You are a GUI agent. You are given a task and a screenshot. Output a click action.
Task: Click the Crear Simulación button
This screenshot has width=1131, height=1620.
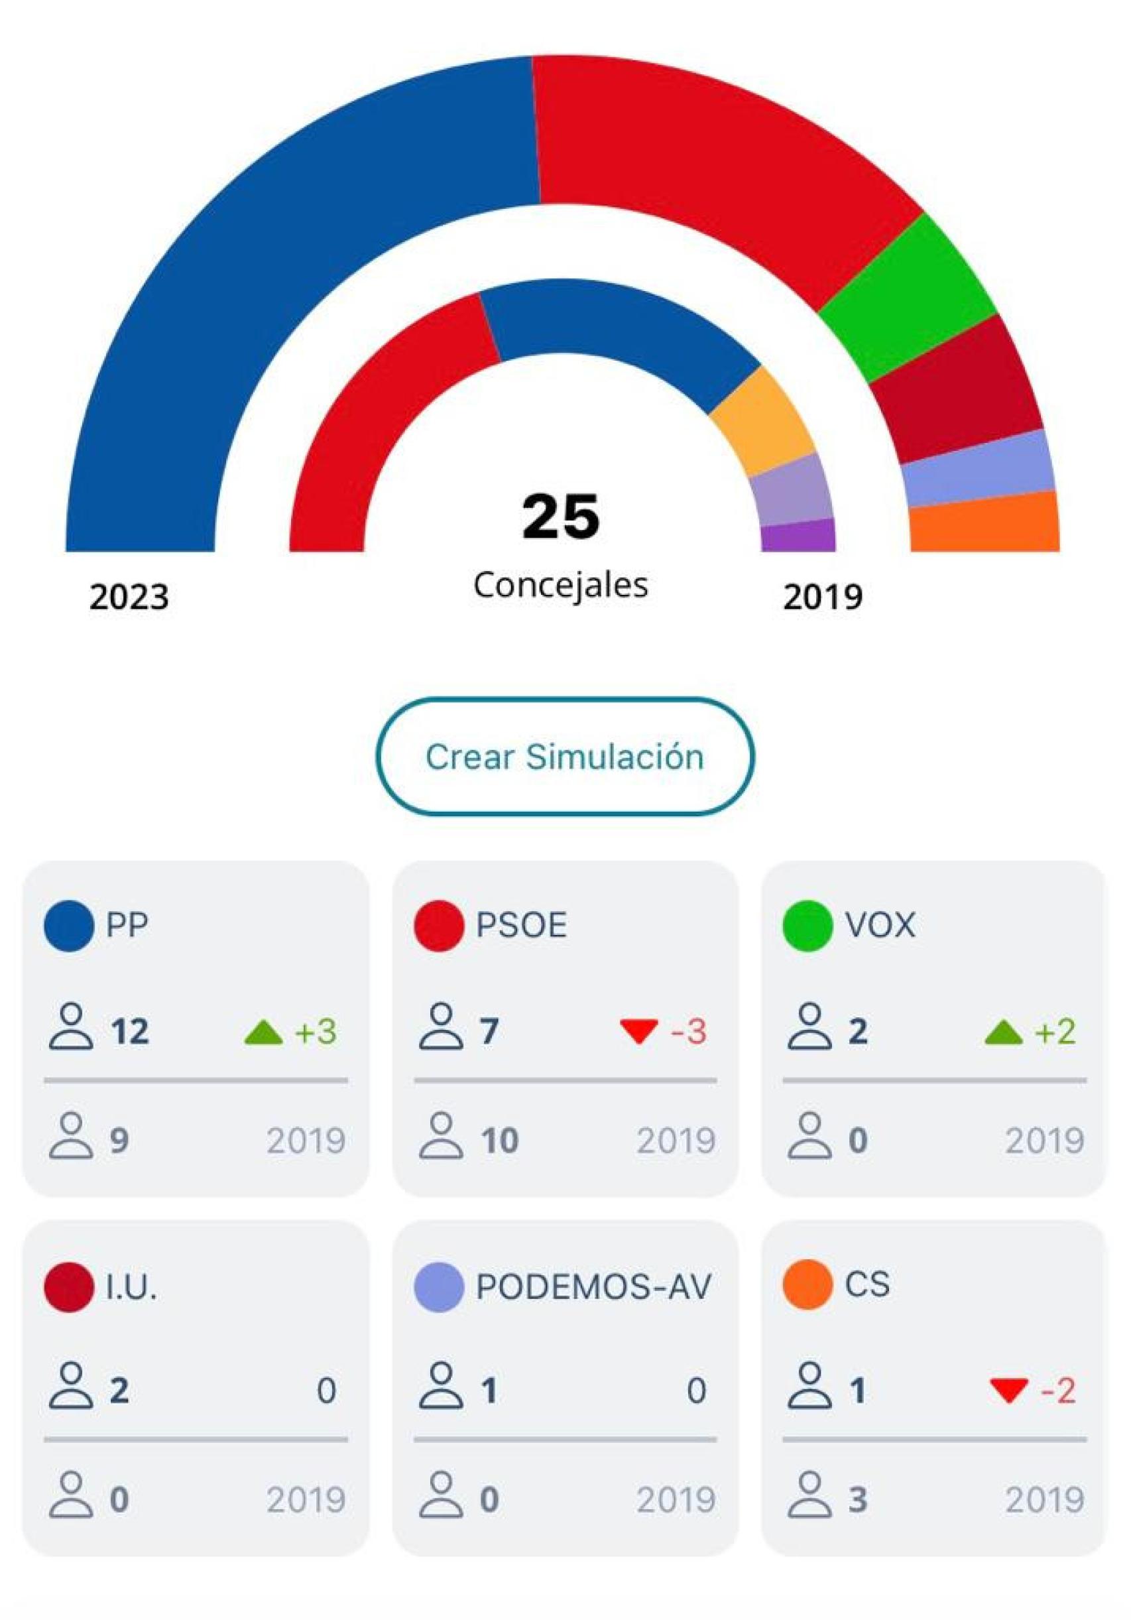click(x=564, y=757)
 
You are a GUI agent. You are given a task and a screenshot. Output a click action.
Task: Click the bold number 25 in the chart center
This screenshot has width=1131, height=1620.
click(x=561, y=517)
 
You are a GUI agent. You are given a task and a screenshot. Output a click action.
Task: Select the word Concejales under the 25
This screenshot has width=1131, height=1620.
click(x=561, y=584)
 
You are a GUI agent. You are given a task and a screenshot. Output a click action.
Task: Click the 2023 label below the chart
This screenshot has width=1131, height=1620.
click(x=129, y=597)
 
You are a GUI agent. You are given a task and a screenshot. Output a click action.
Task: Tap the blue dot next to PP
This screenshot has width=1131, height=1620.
click(x=68, y=926)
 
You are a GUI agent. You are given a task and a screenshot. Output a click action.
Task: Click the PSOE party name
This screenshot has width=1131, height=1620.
click(x=521, y=925)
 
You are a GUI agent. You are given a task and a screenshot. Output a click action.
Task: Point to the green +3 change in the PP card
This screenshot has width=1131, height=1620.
click(x=316, y=1032)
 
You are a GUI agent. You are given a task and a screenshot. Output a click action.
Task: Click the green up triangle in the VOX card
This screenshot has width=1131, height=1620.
click(x=1002, y=1034)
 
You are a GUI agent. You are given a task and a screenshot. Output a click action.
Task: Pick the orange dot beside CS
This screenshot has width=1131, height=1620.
click(x=808, y=1285)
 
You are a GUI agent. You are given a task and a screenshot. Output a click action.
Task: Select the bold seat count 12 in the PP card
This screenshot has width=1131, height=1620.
click(x=130, y=1032)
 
